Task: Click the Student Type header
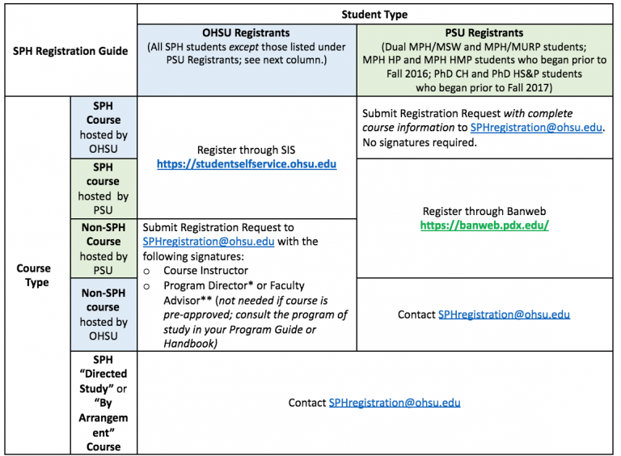click(374, 15)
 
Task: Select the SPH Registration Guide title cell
click(70, 51)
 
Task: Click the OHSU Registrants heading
click(246, 33)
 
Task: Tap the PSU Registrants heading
click(484, 33)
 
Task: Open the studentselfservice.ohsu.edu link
click(247, 164)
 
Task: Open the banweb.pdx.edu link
click(484, 226)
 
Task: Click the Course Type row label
click(34, 275)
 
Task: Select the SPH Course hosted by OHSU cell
click(103, 128)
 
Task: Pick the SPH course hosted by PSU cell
click(103, 189)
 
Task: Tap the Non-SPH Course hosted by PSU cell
click(103, 248)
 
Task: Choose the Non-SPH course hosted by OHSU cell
click(103, 315)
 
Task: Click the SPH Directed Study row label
click(103, 403)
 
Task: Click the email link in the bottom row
click(395, 403)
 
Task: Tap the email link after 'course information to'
click(536, 128)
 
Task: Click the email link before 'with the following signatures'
click(209, 242)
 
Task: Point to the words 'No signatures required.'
click(420, 142)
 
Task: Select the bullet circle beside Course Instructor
click(146, 272)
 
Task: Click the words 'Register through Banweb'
click(484, 211)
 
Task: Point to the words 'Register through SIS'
click(247, 150)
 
